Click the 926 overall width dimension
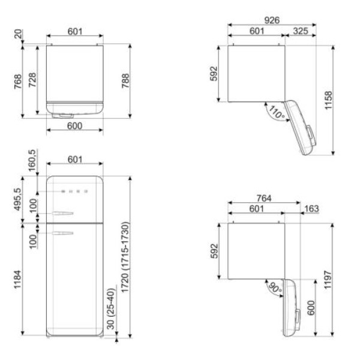coord(272,20)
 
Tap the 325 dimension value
coord(301,31)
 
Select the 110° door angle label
coord(276,112)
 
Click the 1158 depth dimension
coord(328,100)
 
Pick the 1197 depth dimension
coord(328,280)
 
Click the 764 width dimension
coord(264,198)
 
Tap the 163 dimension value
coord(311,208)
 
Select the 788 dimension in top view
coord(125,80)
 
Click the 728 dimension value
coord(32,80)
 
